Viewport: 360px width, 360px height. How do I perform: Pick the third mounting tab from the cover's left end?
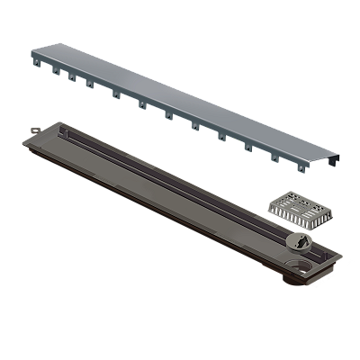tap(71, 76)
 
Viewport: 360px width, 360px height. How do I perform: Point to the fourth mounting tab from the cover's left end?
tap(89, 85)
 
